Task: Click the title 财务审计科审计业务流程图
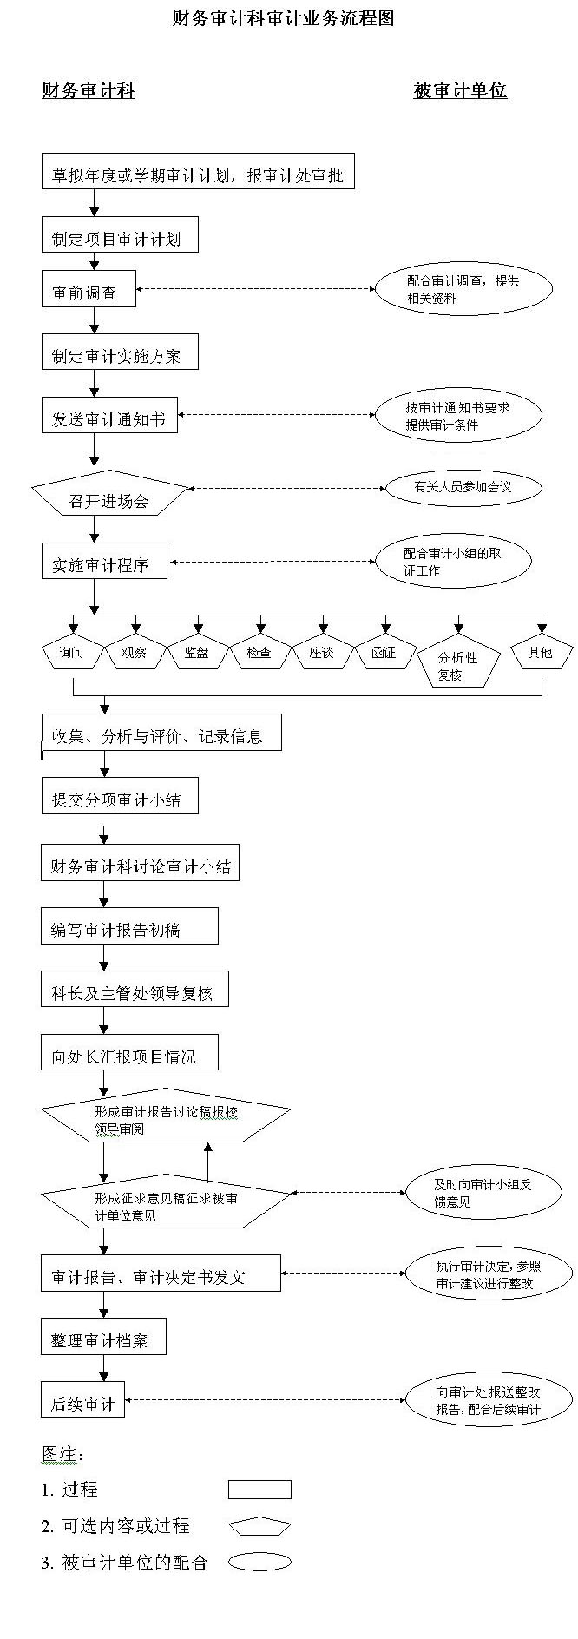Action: [283, 18]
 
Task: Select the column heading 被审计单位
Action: [460, 90]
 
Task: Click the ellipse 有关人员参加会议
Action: [463, 487]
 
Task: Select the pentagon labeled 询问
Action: [72, 653]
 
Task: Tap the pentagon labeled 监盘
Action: [197, 653]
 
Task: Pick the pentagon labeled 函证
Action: [384, 653]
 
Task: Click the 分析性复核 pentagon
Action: [457, 665]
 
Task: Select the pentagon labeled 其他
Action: [541, 653]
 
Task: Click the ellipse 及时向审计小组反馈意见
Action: [483, 1193]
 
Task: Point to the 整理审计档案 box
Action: [103, 1337]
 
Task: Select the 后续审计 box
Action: [83, 1399]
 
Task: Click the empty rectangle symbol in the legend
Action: [259, 1490]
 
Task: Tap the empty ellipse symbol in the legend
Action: [259, 1563]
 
